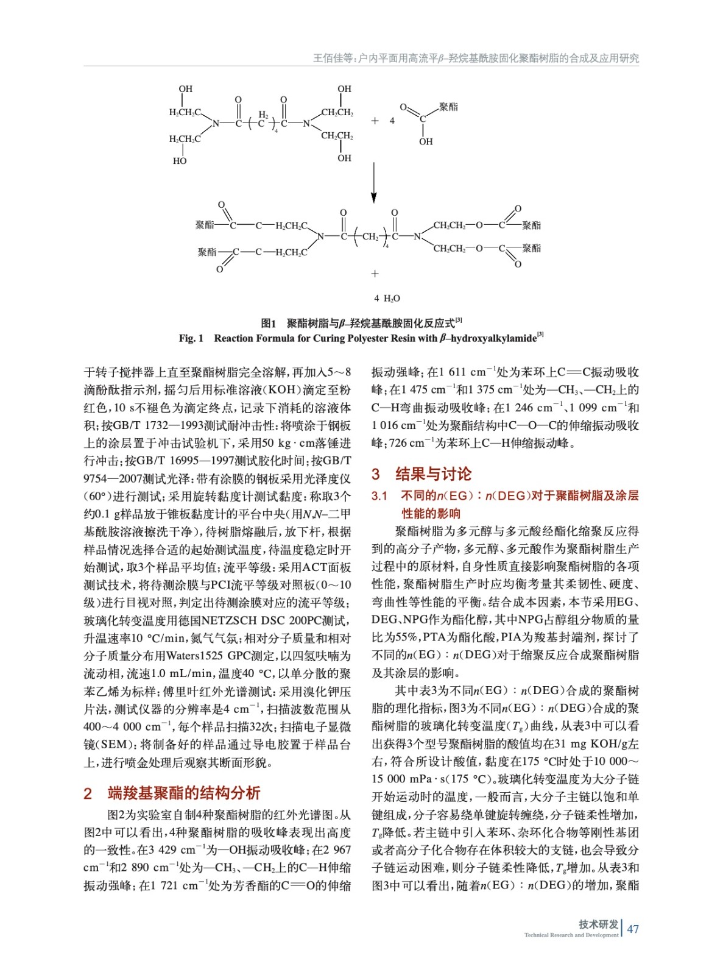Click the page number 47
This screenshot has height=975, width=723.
tap(633, 929)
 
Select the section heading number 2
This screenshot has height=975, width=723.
tap(88, 793)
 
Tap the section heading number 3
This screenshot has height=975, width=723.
tap(376, 474)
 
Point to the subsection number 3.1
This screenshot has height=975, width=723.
tap(379, 496)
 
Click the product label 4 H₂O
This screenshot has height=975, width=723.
tap(387, 298)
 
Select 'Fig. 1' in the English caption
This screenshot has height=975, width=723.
tap(191, 338)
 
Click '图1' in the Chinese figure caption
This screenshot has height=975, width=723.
tap(269, 323)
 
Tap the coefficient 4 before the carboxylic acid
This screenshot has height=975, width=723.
tap(392, 121)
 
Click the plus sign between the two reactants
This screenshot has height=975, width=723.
tap(375, 121)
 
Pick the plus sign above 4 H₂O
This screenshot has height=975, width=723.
tap(375, 274)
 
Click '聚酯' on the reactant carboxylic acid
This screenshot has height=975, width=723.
tap(448, 107)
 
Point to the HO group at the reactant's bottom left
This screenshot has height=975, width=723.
tap(180, 161)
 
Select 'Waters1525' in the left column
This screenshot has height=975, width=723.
tap(196, 656)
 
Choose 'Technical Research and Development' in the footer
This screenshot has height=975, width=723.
tap(571, 935)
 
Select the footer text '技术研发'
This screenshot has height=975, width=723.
tap(598, 924)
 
